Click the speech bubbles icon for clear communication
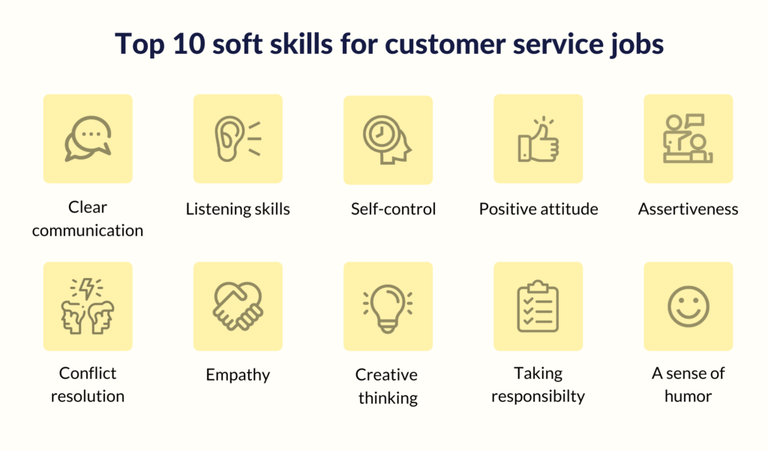88,139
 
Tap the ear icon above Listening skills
238,139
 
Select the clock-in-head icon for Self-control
387,139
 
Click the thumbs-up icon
538,140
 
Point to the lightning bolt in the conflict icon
87,288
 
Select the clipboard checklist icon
538,306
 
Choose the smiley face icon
688,306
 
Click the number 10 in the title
188,43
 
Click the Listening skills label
238,209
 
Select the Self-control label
393,209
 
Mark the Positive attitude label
538,209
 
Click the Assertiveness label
688,209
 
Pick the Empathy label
238,375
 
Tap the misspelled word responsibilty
538,396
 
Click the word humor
688,396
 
